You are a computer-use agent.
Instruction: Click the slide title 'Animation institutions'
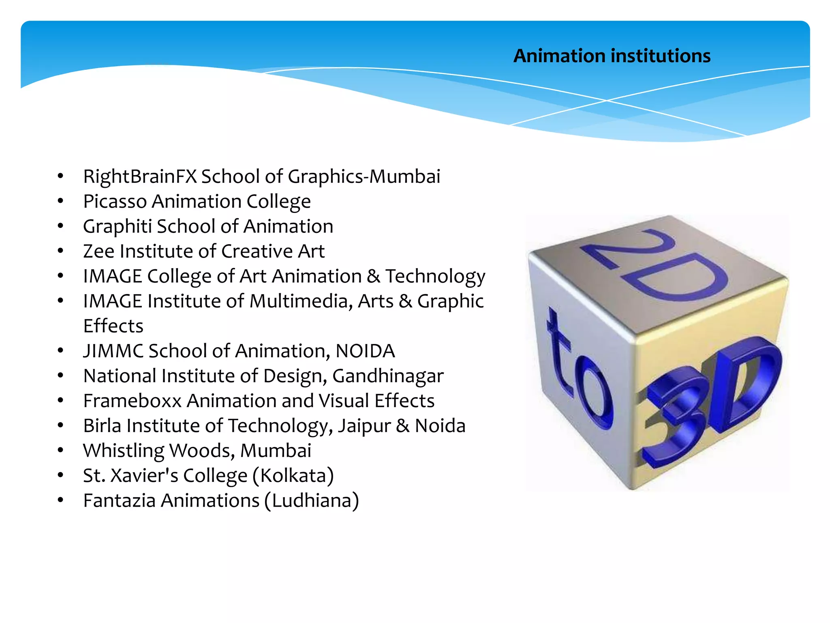pos(612,56)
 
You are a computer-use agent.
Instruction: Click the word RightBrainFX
pos(140,176)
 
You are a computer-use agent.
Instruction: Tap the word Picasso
pos(115,202)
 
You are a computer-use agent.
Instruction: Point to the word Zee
pos(99,251)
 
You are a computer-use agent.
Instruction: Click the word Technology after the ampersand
pos(435,277)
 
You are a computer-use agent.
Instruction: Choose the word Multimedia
pos(301,301)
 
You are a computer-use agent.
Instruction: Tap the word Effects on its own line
pos(113,326)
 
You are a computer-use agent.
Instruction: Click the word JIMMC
pos(113,351)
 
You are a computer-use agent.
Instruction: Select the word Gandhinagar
pos(388,376)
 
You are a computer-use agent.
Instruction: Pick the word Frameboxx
pos(132,401)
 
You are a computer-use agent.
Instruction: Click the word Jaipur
pos(364,426)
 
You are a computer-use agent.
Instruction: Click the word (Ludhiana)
pos(311,501)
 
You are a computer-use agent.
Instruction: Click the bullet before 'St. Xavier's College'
pos(60,475)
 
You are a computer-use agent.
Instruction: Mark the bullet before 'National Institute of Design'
pos(60,376)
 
